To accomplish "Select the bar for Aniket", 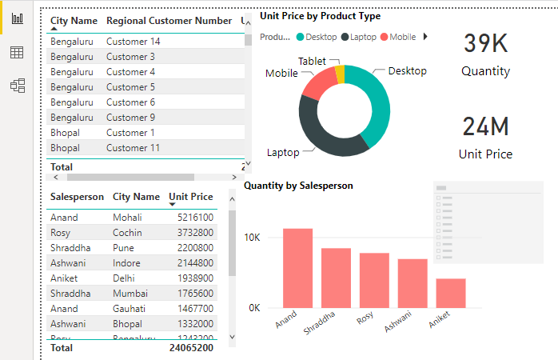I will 451,293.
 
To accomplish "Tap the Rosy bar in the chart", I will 374,280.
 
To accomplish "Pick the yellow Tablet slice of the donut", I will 340,74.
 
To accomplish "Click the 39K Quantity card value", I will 486,44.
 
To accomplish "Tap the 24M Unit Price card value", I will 485,127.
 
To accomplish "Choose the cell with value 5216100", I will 195,217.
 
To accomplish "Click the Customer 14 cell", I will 134,42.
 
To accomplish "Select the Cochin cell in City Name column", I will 128,232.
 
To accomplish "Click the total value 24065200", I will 190,348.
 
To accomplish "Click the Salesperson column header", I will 77,197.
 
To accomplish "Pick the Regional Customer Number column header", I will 169,20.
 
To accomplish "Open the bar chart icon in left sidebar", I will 17,19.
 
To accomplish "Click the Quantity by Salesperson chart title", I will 298,185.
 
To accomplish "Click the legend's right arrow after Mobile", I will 425,37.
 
